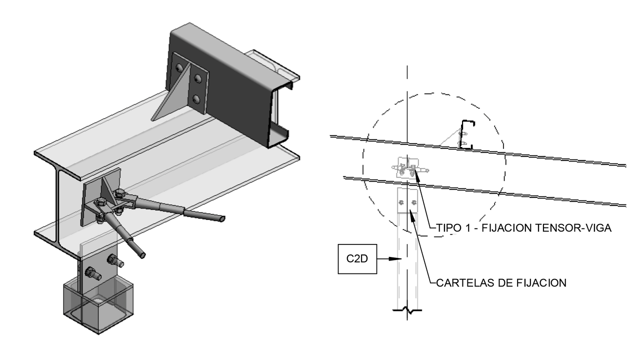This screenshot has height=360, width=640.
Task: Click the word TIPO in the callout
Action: pyautogui.click(x=447, y=228)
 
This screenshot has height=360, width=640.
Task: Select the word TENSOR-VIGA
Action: pyautogui.click(x=574, y=228)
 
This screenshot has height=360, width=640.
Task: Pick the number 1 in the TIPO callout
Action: pyautogui.click(x=468, y=228)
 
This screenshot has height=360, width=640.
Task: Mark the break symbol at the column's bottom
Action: pyautogui.click(x=408, y=311)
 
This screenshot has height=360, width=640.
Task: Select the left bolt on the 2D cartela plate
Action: pyautogui.click(x=401, y=202)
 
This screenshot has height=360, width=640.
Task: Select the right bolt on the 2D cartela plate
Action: pyautogui.click(x=413, y=202)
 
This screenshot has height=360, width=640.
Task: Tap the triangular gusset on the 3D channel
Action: pyautogui.click(x=170, y=95)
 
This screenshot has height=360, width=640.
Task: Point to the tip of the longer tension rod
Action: pyautogui.click(x=221, y=218)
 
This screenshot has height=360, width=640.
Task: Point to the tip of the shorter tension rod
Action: pyautogui.click(x=143, y=254)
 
